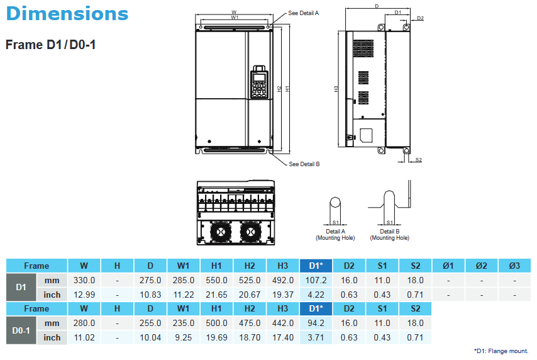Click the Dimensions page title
tap(67, 13)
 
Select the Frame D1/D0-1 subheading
tap(50, 45)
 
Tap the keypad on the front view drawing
tap(258, 82)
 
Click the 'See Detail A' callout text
tap(304, 13)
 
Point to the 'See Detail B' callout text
tap(304, 164)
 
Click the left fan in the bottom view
tap(220, 232)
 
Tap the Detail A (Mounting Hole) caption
tap(335, 235)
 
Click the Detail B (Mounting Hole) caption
tap(390, 235)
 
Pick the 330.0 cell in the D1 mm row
tap(84, 280)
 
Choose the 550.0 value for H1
tap(216, 280)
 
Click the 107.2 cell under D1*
tap(316, 280)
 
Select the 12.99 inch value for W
tap(84, 295)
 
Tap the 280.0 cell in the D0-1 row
tap(84, 323)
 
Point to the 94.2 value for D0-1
tap(316, 323)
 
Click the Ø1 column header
tap(448, 266)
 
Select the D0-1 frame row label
tap(21, 330)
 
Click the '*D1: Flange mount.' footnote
tap(501, 351)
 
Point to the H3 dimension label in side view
tap(336, 89)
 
